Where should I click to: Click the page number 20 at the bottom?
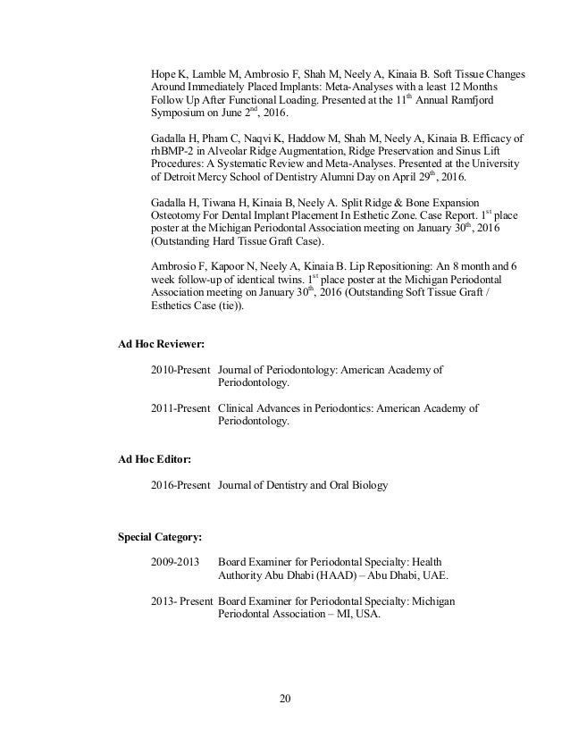286,699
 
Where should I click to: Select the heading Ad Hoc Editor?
154,458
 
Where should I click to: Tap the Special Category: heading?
160,537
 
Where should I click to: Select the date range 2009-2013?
177,562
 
